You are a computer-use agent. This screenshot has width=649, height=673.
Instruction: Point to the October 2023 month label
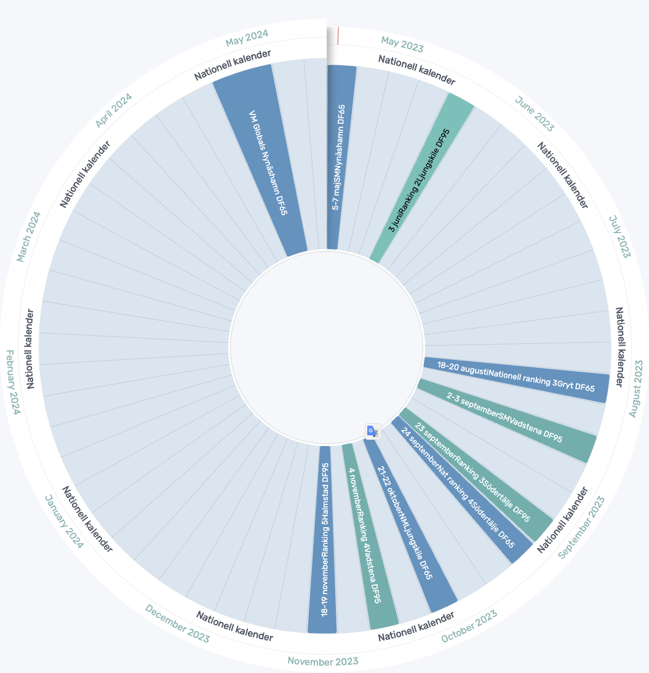469,626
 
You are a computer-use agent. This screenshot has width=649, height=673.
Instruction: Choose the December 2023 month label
177,623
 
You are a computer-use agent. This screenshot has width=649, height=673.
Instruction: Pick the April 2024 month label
114,110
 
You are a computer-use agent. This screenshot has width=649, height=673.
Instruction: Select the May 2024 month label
247,38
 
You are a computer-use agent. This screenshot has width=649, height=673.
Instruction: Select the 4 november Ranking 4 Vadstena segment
365,535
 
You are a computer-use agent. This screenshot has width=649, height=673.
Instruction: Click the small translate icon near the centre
372,431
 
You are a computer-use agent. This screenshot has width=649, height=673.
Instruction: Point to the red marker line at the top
338,36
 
